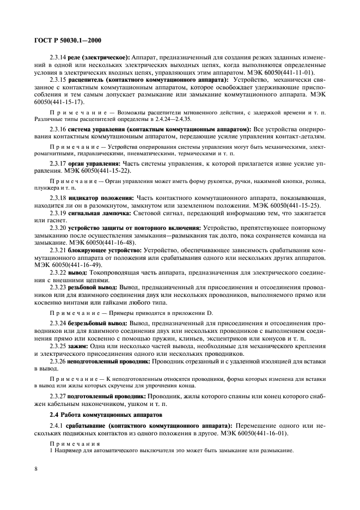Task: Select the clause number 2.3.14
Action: coord(58,58)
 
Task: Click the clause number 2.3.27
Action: coord(58,396)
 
